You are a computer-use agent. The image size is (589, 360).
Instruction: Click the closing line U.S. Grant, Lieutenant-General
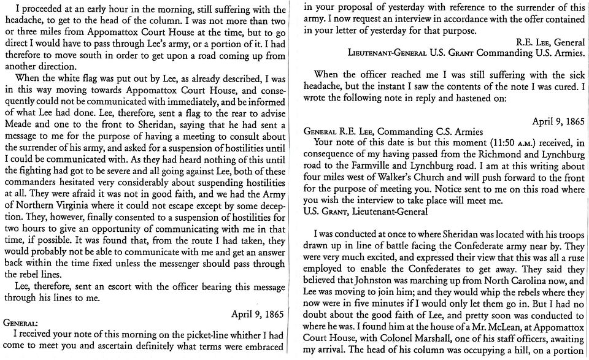click(x=366, y=213)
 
